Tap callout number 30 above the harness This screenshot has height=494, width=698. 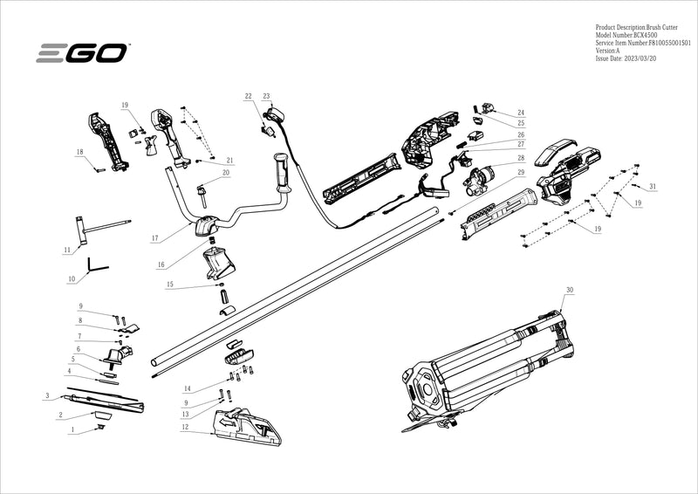point(570,289)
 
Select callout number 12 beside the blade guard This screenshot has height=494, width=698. point(185,427)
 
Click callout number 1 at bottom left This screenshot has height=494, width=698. point(72,430)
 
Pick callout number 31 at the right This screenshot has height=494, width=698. point(653,187)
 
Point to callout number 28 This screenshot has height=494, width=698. point(521,158)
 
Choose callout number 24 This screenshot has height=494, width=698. point(521,113)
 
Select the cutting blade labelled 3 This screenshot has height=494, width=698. point(96,401)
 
